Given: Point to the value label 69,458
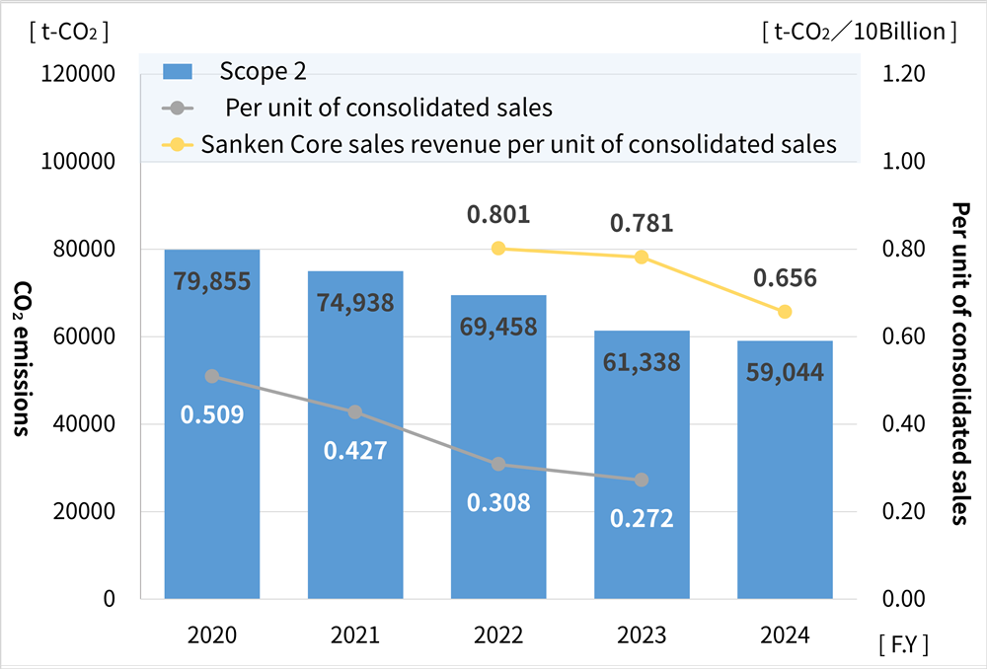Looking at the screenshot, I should [498, 326].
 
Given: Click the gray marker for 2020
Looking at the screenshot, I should [212, 376].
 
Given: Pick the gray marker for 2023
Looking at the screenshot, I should [642, 480].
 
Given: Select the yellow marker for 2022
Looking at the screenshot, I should [498, 248].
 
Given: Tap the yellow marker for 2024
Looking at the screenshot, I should [785, 312].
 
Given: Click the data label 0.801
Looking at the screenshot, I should [498, 214].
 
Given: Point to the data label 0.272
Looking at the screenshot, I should [642, 518].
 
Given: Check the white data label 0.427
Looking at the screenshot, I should [355, 450].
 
